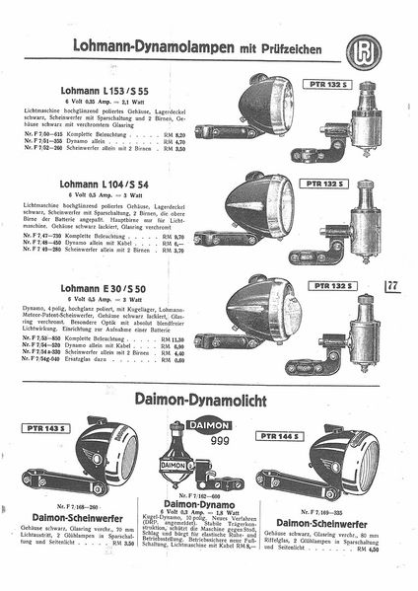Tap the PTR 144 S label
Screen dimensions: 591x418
[278, 434]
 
